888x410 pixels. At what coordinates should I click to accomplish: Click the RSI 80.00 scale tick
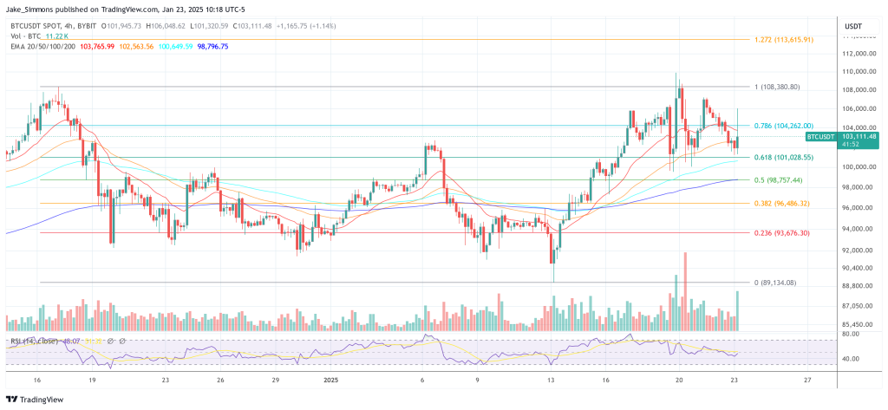pyautogui.click(x=851, y=334)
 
